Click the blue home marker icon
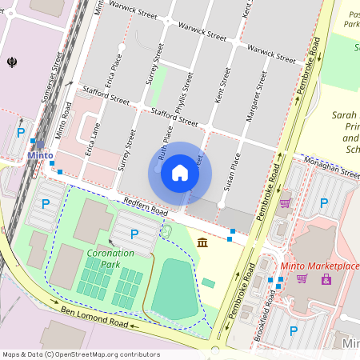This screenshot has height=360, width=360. (180, 172)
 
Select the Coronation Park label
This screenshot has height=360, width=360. (110, 258)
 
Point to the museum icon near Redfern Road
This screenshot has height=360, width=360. (202, 242)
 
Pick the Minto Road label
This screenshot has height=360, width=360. (64, 122)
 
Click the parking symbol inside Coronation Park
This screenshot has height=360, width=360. (134, 234)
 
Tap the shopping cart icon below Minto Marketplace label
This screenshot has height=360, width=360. (302, 278)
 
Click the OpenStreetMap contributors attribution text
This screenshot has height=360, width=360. (80, 354)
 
